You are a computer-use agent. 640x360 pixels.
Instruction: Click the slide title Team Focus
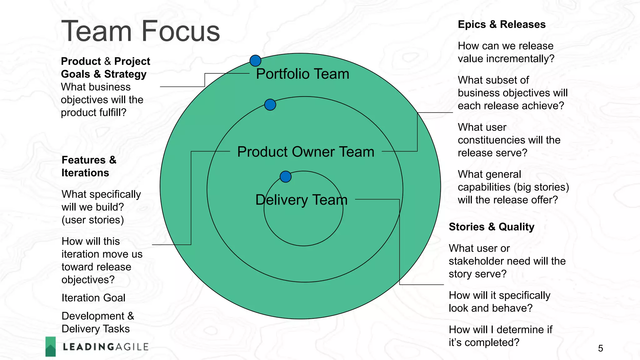pyautogui.click(x=140, y=31)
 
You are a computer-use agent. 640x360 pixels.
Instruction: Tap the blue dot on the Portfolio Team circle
pyautogui.click(x=255, y=61)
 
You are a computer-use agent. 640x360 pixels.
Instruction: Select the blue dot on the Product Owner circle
pyautogui.click(x=270, y=105)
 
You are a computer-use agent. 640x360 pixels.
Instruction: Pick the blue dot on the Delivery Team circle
pyautogui.click(x=286, y=177)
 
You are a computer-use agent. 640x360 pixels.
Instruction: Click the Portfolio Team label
pyautogui.click(x=302, y=74)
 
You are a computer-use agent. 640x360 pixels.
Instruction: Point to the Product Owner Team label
pyautogui.click(x=306, y=152)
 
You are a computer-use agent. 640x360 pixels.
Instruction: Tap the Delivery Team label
pyautogui.click(x=301, y=200)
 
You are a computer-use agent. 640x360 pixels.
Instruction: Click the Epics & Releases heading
pyautogui.click(x=501, y=24)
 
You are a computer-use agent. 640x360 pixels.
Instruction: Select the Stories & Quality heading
pyautogui.click(x=491, y=227)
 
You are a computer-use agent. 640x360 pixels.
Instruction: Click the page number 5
pyautogui.click(x=600, y=348)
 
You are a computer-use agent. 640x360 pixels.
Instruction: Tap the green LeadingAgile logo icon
pyautogui.click(x=51, y=346)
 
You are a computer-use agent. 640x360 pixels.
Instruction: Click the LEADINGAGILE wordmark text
pyautogui.click(x=106, y=347)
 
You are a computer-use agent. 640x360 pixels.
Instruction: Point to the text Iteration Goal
pyautogui.click(x=93, y=298)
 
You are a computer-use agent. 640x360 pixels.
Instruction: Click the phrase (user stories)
pyautogui.click(x=92, y=220)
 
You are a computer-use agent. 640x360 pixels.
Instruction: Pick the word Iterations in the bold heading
pyautogui.click(x=85, y=173)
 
